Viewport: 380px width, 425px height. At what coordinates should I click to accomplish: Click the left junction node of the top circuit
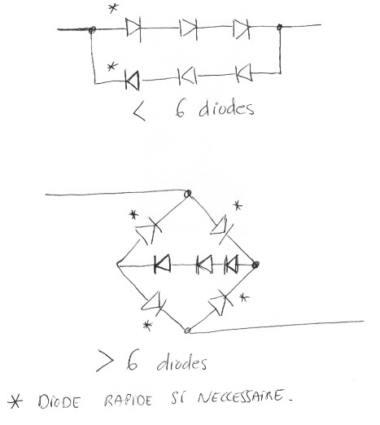92,29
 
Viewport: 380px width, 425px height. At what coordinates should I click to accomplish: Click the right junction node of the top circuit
279,27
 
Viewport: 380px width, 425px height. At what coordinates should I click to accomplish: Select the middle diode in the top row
189,28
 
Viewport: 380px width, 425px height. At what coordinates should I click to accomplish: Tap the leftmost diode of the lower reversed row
133,81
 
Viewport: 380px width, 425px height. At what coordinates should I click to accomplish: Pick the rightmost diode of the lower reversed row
243,73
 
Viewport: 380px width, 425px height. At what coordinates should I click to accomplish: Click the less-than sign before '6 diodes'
139,112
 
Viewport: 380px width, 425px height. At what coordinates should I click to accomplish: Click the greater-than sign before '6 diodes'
105,361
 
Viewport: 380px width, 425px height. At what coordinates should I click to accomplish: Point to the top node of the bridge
188,194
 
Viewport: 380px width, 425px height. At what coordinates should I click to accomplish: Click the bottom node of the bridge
187,331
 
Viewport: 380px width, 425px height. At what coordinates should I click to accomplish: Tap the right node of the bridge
256,265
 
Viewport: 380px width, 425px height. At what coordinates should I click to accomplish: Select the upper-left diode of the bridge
148,231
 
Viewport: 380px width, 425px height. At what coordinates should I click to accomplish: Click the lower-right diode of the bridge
221,303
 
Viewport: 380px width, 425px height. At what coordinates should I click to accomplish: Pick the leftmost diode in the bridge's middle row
162,264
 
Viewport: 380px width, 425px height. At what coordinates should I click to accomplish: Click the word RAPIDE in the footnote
128,401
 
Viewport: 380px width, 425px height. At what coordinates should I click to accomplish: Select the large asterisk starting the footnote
15,401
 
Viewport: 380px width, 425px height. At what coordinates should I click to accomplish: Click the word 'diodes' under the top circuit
226,108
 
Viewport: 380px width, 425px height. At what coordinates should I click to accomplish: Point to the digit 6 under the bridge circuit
133,360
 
